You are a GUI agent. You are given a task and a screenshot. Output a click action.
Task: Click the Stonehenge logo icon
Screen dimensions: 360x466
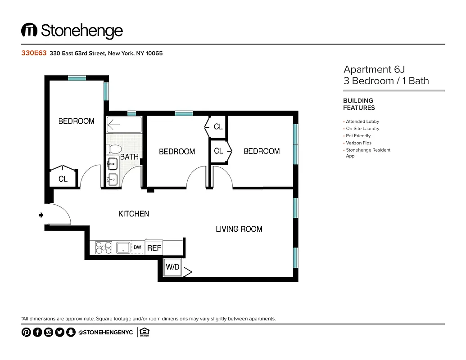coord(29,31)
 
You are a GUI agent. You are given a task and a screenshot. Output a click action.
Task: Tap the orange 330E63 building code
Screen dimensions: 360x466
coord(34,53)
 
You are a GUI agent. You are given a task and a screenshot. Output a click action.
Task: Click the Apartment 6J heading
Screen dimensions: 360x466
coord(374,69)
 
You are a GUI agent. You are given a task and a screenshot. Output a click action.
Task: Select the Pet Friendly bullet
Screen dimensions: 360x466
coord(358,135)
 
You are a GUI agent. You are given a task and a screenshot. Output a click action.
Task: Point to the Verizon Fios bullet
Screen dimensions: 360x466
coord(358,143)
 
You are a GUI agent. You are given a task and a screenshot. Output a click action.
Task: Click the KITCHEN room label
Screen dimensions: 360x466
coord(134,214)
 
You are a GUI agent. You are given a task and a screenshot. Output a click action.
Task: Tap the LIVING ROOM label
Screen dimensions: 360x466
coord(239,229)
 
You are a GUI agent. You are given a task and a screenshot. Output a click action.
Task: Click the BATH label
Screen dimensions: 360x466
coord(129,157)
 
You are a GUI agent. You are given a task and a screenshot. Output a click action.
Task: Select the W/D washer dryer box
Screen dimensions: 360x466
coord(172,267)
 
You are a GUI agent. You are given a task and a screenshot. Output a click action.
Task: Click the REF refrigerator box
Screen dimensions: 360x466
coord(154,247)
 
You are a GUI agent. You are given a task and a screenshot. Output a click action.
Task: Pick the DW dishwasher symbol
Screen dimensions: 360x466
coord(137,247)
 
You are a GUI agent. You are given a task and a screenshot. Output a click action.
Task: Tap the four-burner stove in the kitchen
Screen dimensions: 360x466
coord(104,247)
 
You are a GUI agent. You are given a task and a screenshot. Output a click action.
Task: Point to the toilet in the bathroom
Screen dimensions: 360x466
coord(115,149)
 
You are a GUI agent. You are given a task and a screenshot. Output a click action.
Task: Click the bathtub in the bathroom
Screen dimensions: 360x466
coord(124,124)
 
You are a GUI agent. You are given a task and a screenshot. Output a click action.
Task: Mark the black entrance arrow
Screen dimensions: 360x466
coord(41,216)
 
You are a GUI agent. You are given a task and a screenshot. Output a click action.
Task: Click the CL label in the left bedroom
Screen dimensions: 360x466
coord(63,179)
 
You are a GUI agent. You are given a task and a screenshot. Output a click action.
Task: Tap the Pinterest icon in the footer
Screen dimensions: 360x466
coord(26,333)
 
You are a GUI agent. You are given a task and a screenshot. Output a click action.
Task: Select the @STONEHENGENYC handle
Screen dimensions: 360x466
coord(105,333)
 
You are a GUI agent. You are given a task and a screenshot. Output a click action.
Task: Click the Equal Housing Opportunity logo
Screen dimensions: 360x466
coord(145,333)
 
